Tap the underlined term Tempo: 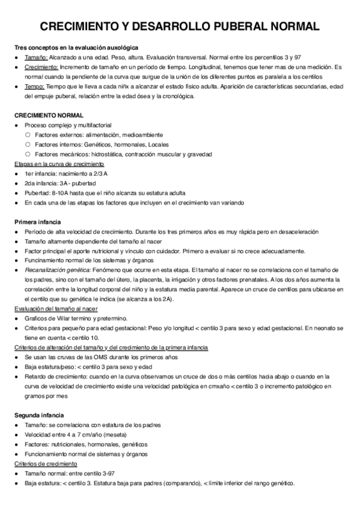pyautogui.click(x=35, y=87)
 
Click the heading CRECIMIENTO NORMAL pyautogui.click(x=49, y=114)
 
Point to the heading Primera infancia pyautogui.click(x=37, y=221)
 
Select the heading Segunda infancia pyautogui.click(x=38, y=415)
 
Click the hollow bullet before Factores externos pyautogui.click(x=28, y=135)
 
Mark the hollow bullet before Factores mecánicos pyautogui.click(x=28, y=155)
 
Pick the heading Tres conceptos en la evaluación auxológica pyautogui.click(x=76, y=46)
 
